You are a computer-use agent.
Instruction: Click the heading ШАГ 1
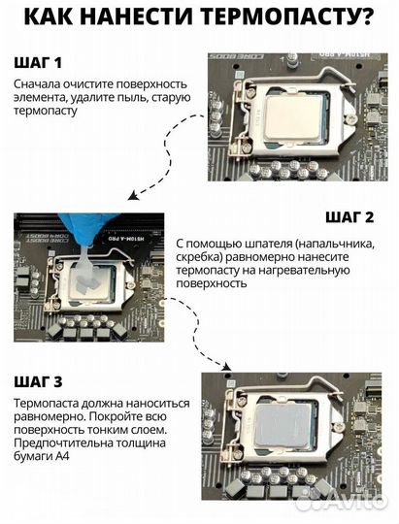pos(38,62)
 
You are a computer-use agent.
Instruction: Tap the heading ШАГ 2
pos(349,217)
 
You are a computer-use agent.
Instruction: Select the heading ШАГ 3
pos(38,381)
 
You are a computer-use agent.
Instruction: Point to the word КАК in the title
pos(50,16)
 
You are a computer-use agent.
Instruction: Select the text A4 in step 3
pos(62,456)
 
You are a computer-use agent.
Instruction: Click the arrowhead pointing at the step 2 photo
pos(133,196)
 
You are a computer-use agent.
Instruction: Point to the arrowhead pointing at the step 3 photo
pos(227,367)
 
